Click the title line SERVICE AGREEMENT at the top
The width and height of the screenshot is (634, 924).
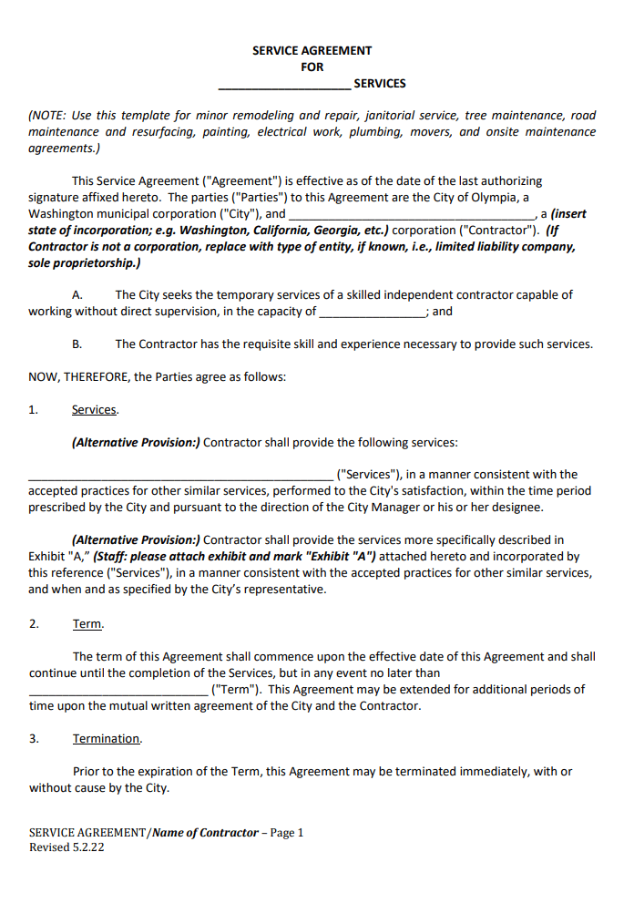tap(312, 51)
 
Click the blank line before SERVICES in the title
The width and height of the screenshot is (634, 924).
tap(284, 86)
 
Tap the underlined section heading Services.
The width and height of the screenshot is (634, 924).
tap(95, 410)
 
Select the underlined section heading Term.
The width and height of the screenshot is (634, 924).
tap(88, 624)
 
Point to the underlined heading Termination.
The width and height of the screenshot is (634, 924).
tap(107, 739)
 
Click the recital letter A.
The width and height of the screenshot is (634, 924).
tap(77, 295)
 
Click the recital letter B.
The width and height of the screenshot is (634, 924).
tap(77, 344)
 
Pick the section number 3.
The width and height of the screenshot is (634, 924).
tap(34, 739)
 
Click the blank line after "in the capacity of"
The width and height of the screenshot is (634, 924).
tap(373, 313)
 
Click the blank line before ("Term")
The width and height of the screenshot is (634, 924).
tap(118, 691)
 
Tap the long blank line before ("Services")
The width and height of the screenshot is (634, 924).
tap(180, 476)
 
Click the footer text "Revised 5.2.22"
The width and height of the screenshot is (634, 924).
tap(66, 847)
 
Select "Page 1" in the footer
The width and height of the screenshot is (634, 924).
tap(287, 833)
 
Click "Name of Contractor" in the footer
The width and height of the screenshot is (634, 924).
tap(205, 833)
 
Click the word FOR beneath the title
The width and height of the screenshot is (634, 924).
tap(312, 67)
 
